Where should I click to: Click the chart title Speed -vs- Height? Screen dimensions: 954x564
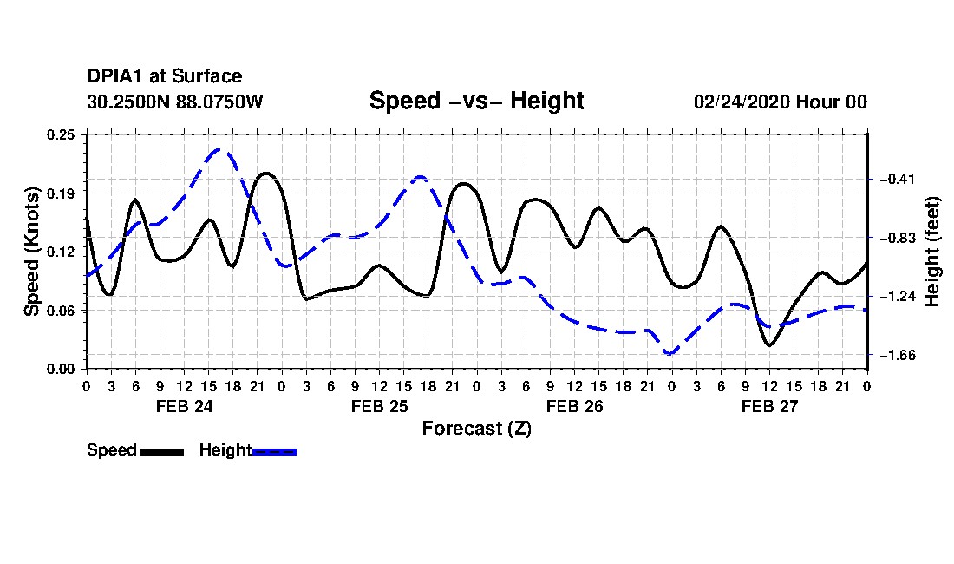[x=476, y=101]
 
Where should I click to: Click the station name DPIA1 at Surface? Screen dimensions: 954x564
[x=164, y=76]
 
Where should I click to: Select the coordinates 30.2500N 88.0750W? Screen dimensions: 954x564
[x=174, y=102]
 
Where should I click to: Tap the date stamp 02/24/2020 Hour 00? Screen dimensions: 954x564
[x=781, y=102]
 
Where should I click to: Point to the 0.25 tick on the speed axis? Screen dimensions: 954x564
[x=61, y=134]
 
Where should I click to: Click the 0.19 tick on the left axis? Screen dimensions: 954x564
[x=61, y=193]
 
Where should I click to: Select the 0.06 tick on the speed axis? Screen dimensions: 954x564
[x=61, y=311]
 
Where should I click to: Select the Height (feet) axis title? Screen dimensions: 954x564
[x=931, y=252]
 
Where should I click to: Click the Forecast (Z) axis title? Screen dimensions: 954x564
[x=476, y=429]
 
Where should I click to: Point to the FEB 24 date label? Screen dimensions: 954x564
[x=185, y=406]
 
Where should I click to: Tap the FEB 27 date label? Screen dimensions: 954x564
[x=769, y=406]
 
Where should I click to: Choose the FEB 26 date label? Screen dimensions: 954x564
[x=574, y=406]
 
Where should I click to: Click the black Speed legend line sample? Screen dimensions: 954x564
[x=161, y=451]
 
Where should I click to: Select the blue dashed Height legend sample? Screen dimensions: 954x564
[x=274, y=451]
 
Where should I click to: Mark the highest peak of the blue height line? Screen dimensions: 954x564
[x=219, y=149]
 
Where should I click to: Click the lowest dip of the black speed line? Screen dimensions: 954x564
[x=769, y=345]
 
